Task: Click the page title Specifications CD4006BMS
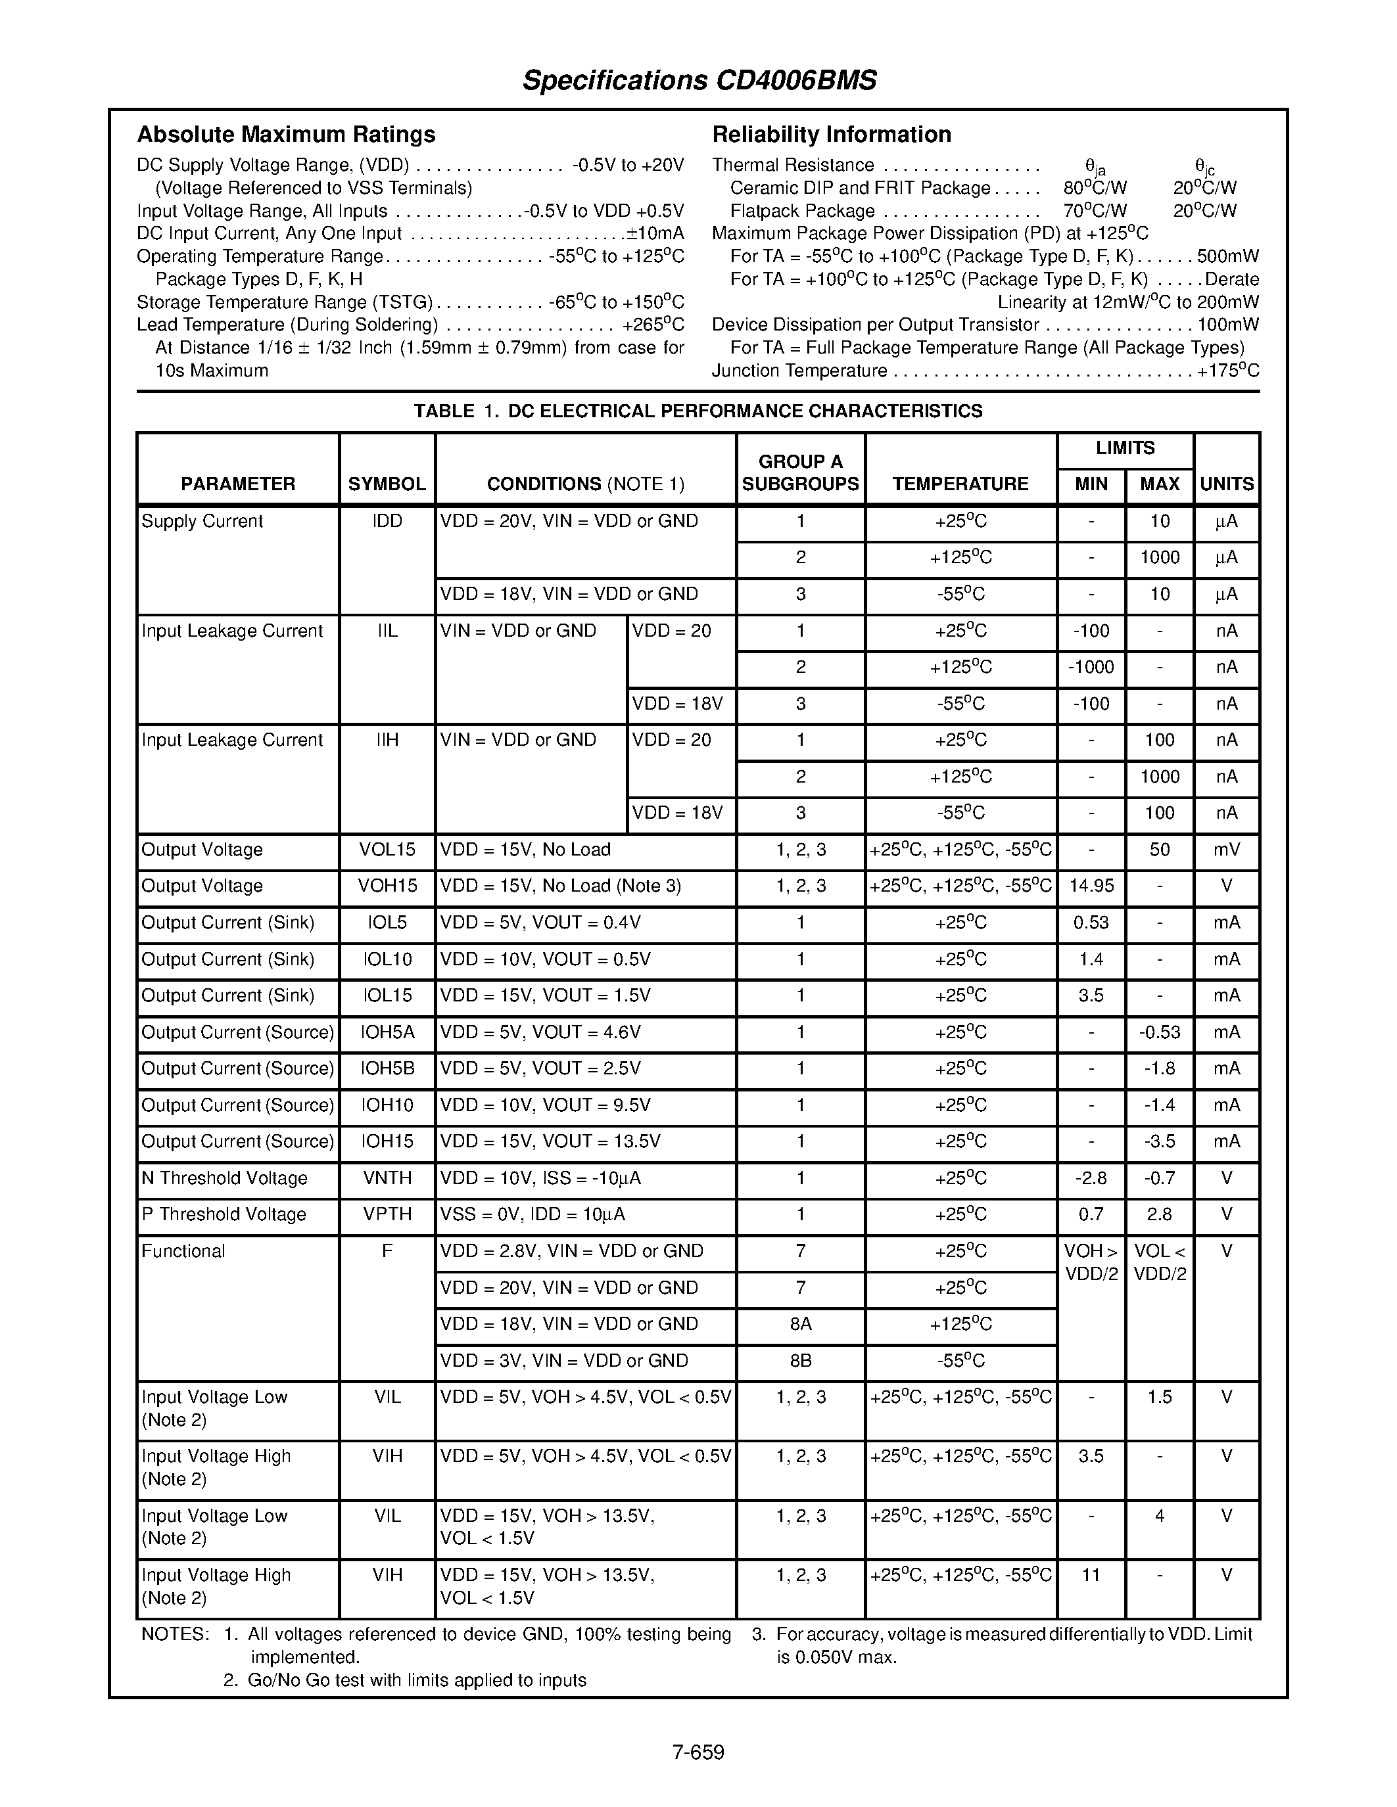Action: coord(699,80)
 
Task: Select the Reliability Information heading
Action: coord(832,134)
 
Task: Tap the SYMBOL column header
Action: coord(387,484)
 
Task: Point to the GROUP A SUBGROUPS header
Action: coord(800,472)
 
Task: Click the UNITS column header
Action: coord(1227,484)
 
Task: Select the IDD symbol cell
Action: coord(387,521)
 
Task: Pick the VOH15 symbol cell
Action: coord(387,886)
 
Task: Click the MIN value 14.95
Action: coord(1091,886)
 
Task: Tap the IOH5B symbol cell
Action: coord(387,1068)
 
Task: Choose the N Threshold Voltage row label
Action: coord(224,1178)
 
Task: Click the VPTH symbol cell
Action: coord(387,1214)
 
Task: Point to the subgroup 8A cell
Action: coord(800,1324)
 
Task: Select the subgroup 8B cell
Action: coord(800,1360)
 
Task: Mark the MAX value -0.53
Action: coord(1160,1032)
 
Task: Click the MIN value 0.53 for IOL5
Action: coord(1091,923)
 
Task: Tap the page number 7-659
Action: coord(698,1752)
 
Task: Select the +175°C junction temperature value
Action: coord(1228,371)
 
